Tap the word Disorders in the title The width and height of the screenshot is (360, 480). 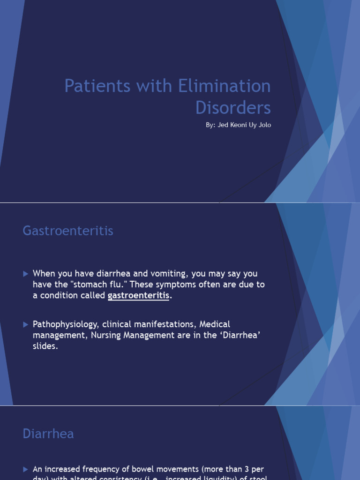click(x=233, y=108)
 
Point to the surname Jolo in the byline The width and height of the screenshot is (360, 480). click(x=264, y=125)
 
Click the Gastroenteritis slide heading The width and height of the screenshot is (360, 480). click(x=68, y=231)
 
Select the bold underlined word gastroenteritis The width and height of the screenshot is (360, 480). click(x=138, y=296)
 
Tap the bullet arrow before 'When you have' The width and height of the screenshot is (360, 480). click(x=26, y=274)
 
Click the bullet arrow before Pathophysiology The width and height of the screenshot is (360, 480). click(x=26, y=324)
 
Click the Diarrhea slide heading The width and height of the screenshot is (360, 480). click(x=48, y=434)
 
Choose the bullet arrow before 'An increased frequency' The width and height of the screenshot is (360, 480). click(x=26, y=469)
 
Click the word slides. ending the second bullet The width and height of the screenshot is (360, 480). click(x=45, y=347)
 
